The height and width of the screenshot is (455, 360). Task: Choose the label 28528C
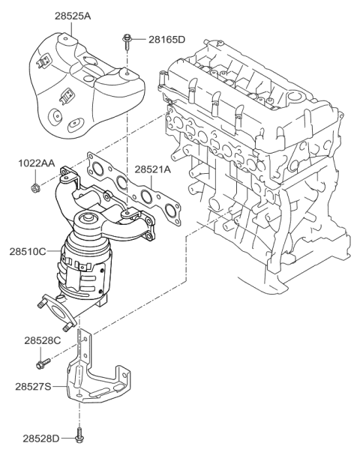click(x=41, y=341)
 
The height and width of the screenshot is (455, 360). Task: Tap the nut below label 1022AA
click(x=35, y=185)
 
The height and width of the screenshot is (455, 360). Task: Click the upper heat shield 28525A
click(x=82, y=79)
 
